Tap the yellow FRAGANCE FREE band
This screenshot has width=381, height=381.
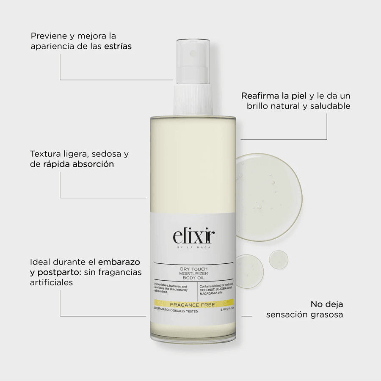point(193,304)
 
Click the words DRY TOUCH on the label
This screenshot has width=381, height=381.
point(193,269)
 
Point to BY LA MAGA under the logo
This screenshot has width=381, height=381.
point(193,248)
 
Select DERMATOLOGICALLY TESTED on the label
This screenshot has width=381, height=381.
point(176,311)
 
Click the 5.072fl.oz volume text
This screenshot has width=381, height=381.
point(227,309)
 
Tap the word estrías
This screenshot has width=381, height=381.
point(118,46)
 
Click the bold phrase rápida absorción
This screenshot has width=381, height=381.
point(78,164)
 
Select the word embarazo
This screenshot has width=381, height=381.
point(119,262)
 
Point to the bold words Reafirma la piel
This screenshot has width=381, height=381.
point(274,96)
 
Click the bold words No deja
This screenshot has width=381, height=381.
point(327,304)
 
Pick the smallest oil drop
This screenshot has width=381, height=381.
point(279,260)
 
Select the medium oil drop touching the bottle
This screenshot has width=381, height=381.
point(249,271)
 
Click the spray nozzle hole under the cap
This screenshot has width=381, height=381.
point(193,53)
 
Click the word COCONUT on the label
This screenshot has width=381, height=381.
point(207,290)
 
